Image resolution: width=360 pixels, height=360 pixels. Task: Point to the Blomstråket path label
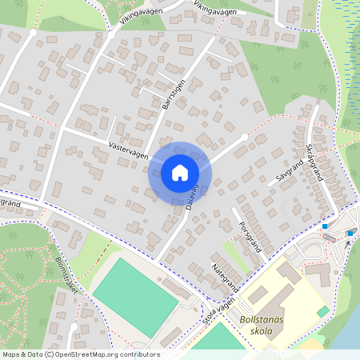click(66, 276)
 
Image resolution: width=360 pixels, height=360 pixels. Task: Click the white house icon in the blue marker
click(180, 173)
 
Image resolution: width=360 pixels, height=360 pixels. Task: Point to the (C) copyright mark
click(49, 354)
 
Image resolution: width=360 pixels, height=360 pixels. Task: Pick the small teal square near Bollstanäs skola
click(322, 310)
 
